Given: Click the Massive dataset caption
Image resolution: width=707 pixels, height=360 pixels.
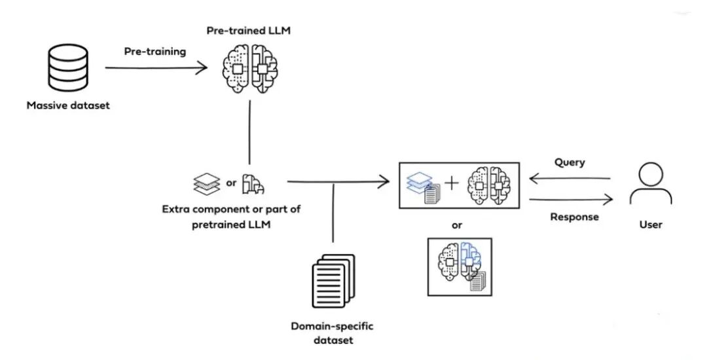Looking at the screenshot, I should coord(68,105).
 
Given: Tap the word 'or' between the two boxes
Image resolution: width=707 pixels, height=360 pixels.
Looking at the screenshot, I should coord(457,226).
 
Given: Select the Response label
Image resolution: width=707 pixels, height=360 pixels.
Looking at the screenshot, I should coord(573,217).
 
